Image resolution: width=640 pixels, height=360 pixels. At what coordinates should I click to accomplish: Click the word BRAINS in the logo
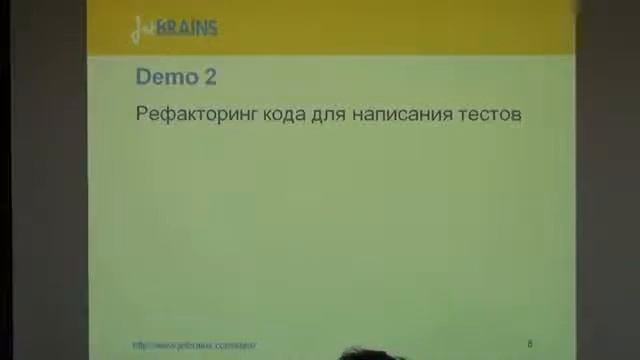pos(187,28)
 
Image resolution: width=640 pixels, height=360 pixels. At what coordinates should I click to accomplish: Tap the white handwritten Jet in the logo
pos(142,29)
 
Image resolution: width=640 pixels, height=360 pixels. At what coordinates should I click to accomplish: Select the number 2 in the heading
pos(208,77)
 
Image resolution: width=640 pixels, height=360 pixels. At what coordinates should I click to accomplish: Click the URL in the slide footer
pos(194,346)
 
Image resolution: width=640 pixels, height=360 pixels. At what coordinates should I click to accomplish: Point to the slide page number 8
pos(530,344)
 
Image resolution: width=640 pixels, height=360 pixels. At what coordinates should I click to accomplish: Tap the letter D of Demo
pos(143,77)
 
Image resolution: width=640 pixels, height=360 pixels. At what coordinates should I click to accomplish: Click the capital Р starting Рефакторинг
pos(141,114)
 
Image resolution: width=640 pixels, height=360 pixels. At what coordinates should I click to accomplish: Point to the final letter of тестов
pos(516,115)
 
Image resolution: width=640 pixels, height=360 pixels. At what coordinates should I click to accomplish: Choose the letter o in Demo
pos(191,78)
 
